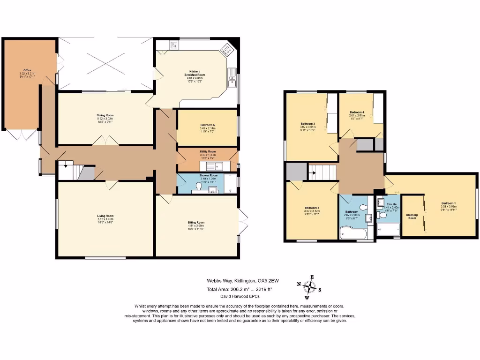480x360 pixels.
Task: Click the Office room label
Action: point(24,70)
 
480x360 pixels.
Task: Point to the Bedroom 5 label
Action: point(207,125)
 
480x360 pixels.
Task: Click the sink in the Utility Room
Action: point(217,166)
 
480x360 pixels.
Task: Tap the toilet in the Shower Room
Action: point(199,187)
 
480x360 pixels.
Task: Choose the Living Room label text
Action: point(105,216)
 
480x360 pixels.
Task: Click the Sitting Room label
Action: point(196,222)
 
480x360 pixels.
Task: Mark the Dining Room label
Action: point(105,115)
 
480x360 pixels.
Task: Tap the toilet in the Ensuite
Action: point(381,215)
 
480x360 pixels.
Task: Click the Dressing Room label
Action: point(412,217)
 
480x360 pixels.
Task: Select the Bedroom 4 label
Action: point(357,112)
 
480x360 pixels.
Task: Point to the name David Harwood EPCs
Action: point(240,297)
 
